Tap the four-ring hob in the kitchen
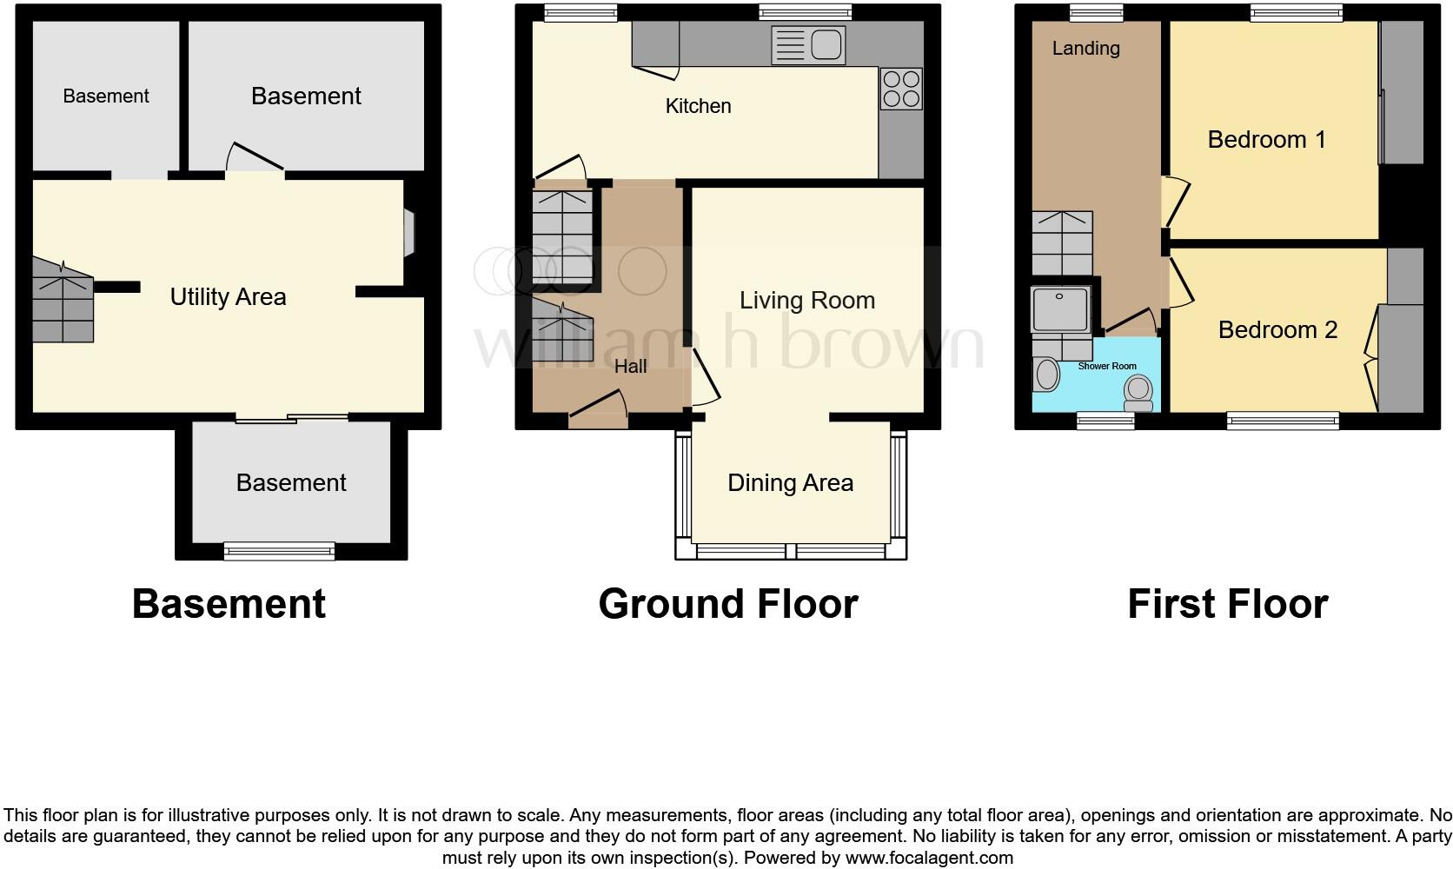[x=901, y=89]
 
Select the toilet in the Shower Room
[x=1138, y=393]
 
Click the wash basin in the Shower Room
[x=1046, y=375]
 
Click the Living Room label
[x=806, y=301]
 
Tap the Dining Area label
[x=790, y=483]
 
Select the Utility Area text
[x=228, y=297]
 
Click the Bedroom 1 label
[x=1266, y=140]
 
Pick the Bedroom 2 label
[x=1277, y=330]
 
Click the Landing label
[x=1085, y=49]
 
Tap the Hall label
[x=630, y=367]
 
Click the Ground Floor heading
[x=727, y=604]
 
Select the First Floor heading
[x=1227, y=604]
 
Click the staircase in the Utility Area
[x=63, y=300]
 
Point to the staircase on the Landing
[x=1062, y=242]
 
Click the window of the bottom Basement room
[x=279, y=550]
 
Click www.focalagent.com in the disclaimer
[x=928, y=858]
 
